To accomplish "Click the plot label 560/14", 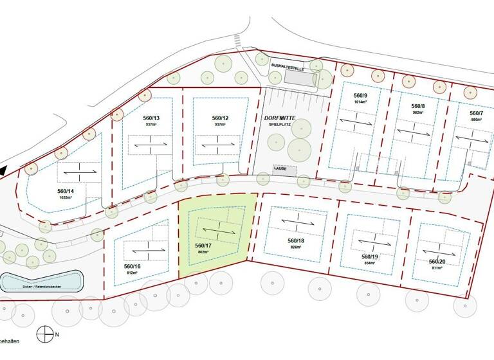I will point(66,191).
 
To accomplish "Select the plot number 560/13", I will point(151,118).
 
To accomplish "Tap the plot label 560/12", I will point(220,118).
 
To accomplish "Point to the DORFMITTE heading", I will point(279,118).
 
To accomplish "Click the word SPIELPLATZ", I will point(280,126).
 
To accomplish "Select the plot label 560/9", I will point(360,95).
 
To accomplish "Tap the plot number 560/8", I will point(418,105).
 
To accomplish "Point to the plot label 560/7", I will point(475,113).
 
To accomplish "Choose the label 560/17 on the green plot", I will point(204,245).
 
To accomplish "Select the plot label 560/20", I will point(438,262).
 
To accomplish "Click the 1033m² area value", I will point(66,198).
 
